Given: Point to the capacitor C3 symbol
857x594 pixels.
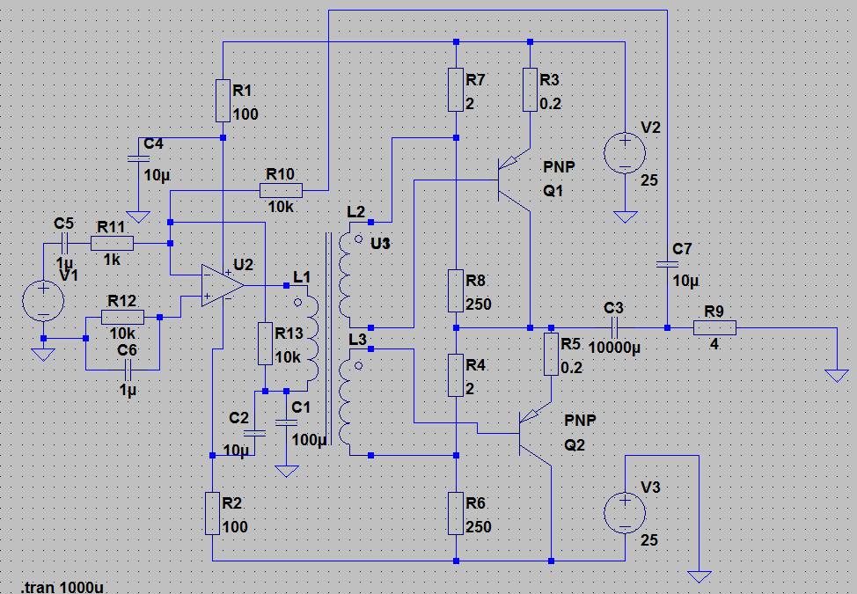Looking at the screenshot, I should (x=613, y=327).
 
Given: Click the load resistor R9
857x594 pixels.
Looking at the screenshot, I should (x=714, y=327).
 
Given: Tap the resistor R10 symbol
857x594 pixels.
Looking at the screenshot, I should (x=282, y=190).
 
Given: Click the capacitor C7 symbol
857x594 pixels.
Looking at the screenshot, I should (x=667, y=262).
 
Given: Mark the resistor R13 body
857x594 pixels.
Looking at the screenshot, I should (x=264, y=343).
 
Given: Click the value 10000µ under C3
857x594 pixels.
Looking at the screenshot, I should (x=613, y=348).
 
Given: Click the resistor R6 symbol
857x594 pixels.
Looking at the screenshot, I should (x=456, y=514).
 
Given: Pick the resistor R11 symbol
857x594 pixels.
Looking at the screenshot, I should (x=112, y=244).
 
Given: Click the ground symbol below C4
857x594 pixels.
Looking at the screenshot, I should (x=136, y=216).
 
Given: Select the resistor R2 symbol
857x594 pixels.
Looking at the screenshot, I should (x=212, y=514).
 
